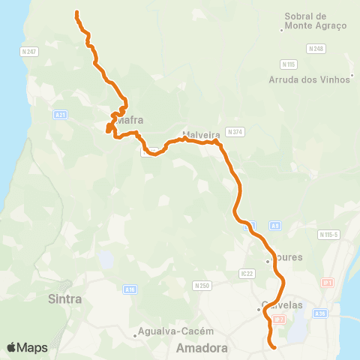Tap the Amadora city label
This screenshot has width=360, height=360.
coord(200,349)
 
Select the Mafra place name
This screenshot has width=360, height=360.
coord(130,119)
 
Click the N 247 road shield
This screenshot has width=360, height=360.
coord(29,51)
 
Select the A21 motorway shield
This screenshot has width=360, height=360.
coord(61,114)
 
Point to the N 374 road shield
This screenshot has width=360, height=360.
coord(235,132)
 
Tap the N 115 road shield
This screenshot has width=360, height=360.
coord(289,64)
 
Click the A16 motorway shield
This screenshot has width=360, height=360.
coord(130,288)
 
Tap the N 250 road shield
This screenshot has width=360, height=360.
coord(201,285)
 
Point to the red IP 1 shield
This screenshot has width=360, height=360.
coord(327,282)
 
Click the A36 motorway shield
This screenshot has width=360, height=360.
coord(321,313)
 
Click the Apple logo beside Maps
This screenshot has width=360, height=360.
coord(12,347)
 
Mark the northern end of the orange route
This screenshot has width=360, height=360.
coord(76,12)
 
